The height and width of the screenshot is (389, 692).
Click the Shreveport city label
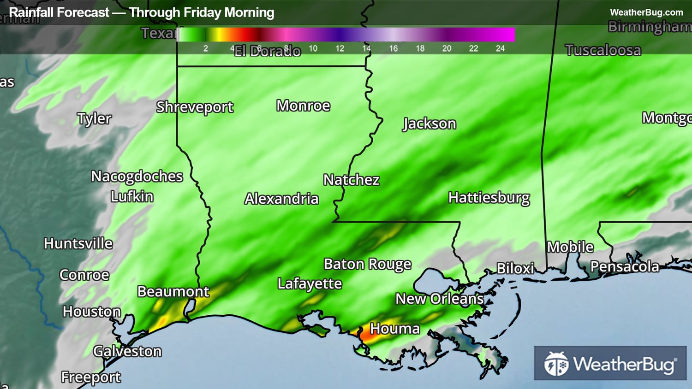coord(195,107)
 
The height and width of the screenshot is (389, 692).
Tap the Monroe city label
coord(303,106)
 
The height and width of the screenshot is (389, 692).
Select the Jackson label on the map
coord(430,124)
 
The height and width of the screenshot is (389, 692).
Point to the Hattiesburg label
coord(489,198)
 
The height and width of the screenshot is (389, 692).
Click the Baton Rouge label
coord(367,264)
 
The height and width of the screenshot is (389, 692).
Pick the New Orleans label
coord(439,299)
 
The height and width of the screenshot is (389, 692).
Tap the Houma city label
coord(395,329)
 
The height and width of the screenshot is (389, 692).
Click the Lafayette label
coord(310,283)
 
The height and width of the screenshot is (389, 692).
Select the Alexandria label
coord(281,199)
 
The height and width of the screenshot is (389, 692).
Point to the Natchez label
coord(351,180)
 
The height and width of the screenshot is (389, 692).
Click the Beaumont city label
coord(173,291)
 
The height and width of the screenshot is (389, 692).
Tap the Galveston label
coord(127,351)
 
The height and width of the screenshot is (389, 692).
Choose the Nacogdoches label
coord(137,176)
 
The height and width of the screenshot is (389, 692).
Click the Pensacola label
coord(625,266)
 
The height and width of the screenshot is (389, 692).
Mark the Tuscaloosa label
coord(603,50)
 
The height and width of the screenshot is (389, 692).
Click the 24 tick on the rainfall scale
coord(500,48)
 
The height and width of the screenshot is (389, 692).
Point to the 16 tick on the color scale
coord(393,48)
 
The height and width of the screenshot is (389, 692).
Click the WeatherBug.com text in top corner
coord(646,12)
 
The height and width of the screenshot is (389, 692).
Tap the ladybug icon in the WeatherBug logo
coord(556,364)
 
